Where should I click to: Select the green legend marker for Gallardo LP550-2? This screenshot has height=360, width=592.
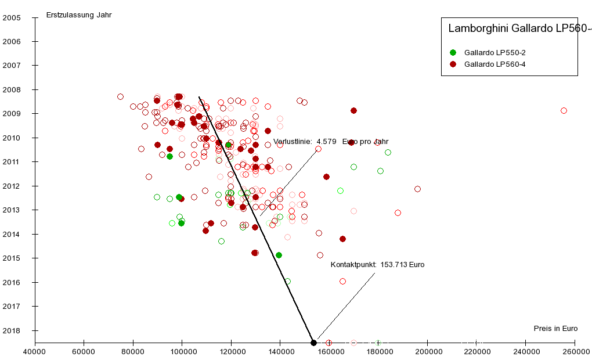453,52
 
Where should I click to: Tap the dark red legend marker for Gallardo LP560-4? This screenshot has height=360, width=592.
453,64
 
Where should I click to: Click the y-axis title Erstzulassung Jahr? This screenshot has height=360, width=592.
79,15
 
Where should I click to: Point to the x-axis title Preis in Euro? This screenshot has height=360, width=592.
555,329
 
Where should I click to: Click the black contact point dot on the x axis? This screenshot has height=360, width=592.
313,343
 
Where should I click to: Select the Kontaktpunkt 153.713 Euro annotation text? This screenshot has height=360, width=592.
377,265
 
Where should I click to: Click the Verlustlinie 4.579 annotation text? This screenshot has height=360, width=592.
331,141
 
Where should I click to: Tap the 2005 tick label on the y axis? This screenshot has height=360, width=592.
12,17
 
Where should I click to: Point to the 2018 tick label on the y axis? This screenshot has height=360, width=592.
12,330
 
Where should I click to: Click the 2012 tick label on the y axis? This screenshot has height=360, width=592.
12,186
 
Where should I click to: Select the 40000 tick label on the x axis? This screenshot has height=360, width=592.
35,352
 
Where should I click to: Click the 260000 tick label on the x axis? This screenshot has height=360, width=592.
575,352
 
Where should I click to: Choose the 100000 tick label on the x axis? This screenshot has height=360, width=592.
182,352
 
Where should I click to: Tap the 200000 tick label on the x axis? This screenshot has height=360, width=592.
428,352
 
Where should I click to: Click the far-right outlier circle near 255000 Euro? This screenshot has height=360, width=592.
564,110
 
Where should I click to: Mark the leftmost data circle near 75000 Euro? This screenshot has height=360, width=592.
120,96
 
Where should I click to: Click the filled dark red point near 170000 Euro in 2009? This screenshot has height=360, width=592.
353,110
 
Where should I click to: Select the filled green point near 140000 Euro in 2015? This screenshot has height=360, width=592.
279,255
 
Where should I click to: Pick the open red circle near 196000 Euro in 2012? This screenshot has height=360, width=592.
417,189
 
